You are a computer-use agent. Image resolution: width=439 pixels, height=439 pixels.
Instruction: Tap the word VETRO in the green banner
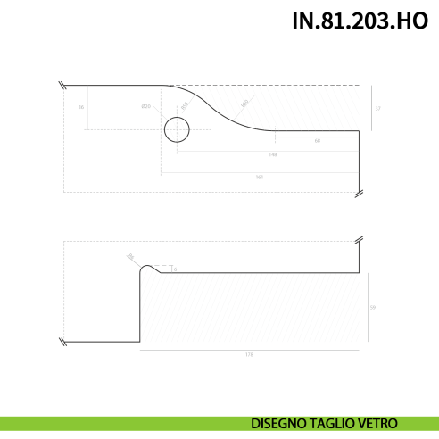click(378, 423)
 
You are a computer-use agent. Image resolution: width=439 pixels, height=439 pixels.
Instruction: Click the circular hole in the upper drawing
click(177, 131)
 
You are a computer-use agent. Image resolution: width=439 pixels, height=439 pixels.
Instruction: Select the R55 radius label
click(185, 106)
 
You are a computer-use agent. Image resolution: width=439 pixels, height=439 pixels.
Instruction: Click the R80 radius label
click(244, 104)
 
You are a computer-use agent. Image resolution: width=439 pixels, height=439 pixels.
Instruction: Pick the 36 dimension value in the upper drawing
click(81, 108)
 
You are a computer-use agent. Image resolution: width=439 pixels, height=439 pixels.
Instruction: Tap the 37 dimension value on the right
click(378, 109)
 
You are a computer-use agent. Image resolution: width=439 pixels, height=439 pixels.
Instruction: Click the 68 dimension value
click(317, 141)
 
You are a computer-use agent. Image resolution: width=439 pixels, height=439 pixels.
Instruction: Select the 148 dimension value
click(272, 155)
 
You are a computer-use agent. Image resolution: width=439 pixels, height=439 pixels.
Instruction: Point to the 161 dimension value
click(260, 177)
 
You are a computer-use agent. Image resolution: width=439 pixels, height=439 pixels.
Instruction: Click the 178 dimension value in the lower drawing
click(249, 355)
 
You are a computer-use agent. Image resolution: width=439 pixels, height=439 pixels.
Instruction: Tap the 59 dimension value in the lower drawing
click(372, 307)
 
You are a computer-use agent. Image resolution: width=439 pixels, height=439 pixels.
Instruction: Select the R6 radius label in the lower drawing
click(130, 257)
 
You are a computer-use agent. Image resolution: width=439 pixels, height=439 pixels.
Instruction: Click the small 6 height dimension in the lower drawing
click(176, 269)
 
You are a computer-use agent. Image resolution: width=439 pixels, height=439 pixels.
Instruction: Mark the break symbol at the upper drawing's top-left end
click(62, 86)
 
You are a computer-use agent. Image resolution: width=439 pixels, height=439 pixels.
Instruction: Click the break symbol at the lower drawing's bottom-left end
click(62, 342)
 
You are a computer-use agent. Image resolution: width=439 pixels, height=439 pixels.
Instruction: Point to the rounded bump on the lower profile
click(150, 267)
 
